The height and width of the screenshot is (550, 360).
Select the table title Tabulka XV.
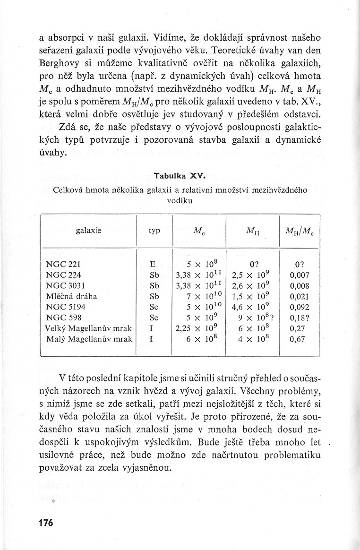pyautogui.click(x=180, y=176)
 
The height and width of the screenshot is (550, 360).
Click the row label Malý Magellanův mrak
pyautogui.click(x=89, y=339)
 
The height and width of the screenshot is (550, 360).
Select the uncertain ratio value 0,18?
pyautogui.click(x=300, y=318)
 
